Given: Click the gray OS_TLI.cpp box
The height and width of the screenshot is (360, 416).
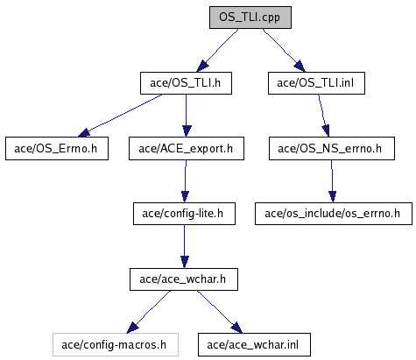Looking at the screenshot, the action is click(x=250, y=18).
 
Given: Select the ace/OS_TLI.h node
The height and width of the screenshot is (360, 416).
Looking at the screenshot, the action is click(x=186, y=83).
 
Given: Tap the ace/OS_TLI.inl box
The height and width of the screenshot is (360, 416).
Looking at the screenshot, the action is click(x=316, y=83).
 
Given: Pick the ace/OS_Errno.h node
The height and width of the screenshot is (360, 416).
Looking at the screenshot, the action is click(x=57, y=149).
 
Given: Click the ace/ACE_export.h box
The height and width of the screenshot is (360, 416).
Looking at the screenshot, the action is click(x=187, y=149).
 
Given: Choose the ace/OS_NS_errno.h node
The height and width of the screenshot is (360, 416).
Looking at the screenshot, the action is click(x=332, y=149).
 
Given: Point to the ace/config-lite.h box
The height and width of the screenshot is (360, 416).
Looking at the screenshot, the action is click(x=184, y=214).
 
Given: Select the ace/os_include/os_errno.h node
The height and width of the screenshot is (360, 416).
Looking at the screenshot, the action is click(x=334, y=214).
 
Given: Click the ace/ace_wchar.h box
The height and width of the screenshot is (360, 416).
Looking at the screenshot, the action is click(x=184, y=279).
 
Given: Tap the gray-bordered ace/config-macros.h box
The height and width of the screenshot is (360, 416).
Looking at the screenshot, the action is click(x=116, y=345).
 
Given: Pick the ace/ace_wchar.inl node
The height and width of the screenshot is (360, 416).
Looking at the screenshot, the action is click(x=254, y=345).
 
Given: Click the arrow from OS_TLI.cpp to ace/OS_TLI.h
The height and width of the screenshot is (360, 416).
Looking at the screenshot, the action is click(x=217, y=50).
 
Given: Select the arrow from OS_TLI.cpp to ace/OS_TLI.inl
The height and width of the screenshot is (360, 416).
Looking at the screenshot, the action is click(x=284, y=50).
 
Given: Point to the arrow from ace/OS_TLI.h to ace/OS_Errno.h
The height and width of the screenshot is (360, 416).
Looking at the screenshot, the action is click(x=120, y=116).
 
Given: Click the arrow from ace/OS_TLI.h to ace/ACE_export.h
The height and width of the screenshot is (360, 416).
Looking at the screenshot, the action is click(x=187, y=116).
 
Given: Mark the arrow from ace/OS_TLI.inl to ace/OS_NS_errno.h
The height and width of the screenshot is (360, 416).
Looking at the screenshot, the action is click(x=323, y=116).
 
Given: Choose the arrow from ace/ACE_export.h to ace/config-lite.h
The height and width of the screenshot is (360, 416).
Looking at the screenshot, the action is click(x=186, y=181).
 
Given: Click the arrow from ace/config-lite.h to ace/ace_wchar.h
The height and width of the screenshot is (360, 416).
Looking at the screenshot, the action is click(x=184, y=246).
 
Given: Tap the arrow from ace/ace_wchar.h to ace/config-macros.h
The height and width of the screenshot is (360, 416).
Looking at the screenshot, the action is click(x=149, y=312).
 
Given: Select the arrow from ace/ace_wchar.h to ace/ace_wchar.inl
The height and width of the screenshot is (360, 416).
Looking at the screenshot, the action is click(x=220, y=312).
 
